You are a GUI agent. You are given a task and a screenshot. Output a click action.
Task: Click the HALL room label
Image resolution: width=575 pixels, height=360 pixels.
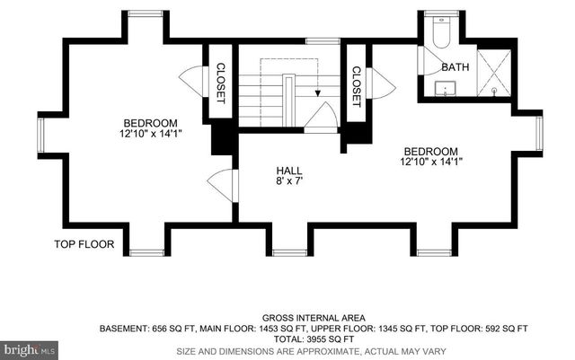pos(289,170)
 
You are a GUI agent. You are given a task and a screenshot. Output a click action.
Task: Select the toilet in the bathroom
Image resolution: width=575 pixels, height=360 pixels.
pos(440,33)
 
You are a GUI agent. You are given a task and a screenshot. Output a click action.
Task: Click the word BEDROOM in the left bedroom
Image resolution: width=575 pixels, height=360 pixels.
pos(150,123)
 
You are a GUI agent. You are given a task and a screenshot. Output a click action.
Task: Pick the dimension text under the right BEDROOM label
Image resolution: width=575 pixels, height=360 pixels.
pos(430,162)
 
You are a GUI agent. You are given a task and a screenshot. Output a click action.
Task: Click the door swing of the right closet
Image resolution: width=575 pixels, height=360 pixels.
pos(382,83)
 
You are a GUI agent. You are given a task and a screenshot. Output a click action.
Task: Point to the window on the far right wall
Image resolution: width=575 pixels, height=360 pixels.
pos(539,133)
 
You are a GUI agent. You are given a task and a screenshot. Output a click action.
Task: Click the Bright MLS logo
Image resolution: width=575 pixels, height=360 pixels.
pos(29,347)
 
